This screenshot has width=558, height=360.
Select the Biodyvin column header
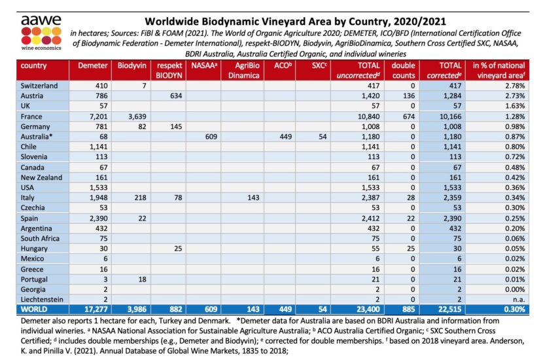click(131, 66)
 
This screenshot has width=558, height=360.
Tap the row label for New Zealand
click(41, 177)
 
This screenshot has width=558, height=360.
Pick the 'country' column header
click(33, 66)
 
